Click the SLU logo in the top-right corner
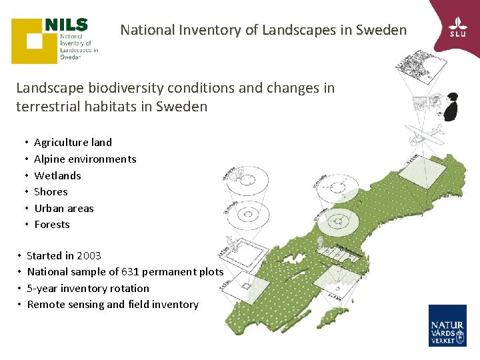[x=457, y=26]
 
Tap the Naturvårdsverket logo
[x=447, y=325]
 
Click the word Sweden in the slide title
[x=381, y=30]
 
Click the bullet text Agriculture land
[x=73, y=142]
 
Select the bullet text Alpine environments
[x=85, y=159]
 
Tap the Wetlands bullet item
[x=57, y=175]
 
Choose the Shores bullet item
[x=51, y=192]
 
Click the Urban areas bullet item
[x=64, y=208]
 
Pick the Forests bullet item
[x=52, y=225]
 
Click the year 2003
[x=89, y=255]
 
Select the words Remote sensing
[x=65, y=305]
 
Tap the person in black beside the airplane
[x=451, y=108]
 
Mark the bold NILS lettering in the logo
[x=67, y=25]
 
